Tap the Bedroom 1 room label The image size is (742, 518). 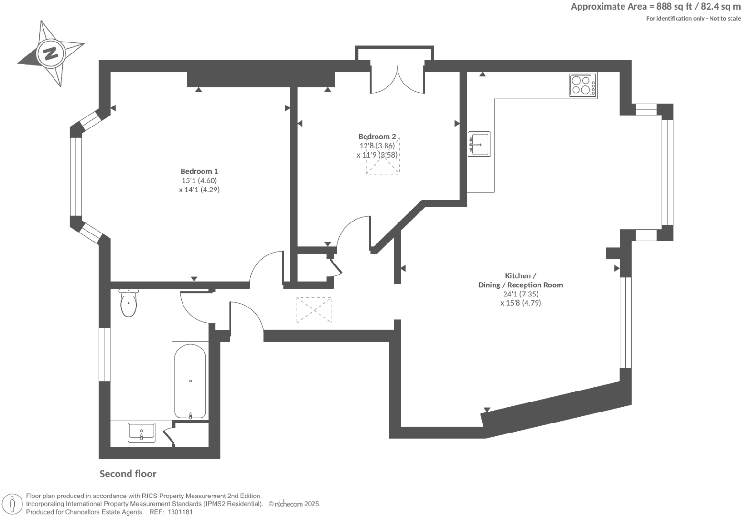click(199, 171)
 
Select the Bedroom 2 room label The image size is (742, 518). click(377, 137)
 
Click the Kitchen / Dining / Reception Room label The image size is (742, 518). click(520, 280)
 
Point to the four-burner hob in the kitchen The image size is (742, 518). click(582, 85)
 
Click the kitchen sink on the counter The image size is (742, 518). click(479, 144)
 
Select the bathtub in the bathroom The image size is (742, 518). click(190, 381)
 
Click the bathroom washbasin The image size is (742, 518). click(141, 433)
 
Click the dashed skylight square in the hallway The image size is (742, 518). click(314, 310)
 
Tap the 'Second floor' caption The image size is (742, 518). click(128, 474)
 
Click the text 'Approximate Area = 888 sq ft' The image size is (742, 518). click(631, 7)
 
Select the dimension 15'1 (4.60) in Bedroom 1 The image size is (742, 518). click(199, 180)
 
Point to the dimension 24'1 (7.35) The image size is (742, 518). click(520, 294)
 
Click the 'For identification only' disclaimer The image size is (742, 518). click(693, 19)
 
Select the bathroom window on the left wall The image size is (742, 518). click(104, 354)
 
